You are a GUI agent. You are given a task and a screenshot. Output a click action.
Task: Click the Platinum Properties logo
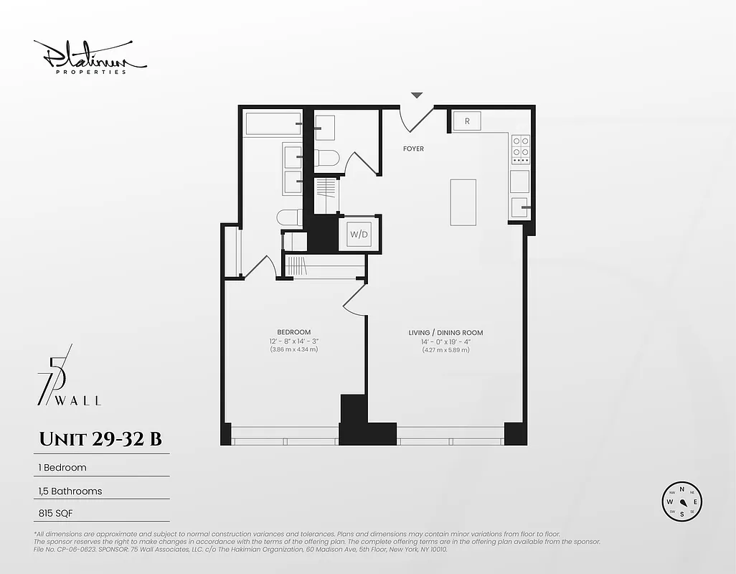click(x=90, y=57)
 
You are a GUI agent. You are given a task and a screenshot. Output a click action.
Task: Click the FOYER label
click(x=413, y=149)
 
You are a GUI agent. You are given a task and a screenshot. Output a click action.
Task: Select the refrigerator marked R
click(x=467, y=121)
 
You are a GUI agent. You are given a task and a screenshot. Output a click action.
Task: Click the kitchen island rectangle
click(x=463, y=202)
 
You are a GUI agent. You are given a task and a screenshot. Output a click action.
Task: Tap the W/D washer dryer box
click(x=358, y=234)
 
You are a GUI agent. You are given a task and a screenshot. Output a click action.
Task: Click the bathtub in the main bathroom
click(x=273, y=123)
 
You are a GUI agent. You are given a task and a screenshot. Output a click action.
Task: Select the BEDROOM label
click(x=293, y=332)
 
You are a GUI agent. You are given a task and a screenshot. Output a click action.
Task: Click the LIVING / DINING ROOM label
click(x=445, y=333)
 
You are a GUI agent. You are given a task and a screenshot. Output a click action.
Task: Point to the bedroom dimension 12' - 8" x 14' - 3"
click(x=294, y=342)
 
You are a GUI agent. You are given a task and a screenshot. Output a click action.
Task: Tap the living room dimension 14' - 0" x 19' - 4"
click(x=445, y=342)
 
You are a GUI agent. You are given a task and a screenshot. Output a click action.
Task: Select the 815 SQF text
click(x=57, y=513)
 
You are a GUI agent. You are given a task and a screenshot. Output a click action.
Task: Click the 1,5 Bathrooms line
click(x=70, y=491)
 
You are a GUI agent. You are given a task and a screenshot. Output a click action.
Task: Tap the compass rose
click(x=681, y=502)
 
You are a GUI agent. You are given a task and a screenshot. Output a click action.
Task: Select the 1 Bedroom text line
click(x=62, y=467)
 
